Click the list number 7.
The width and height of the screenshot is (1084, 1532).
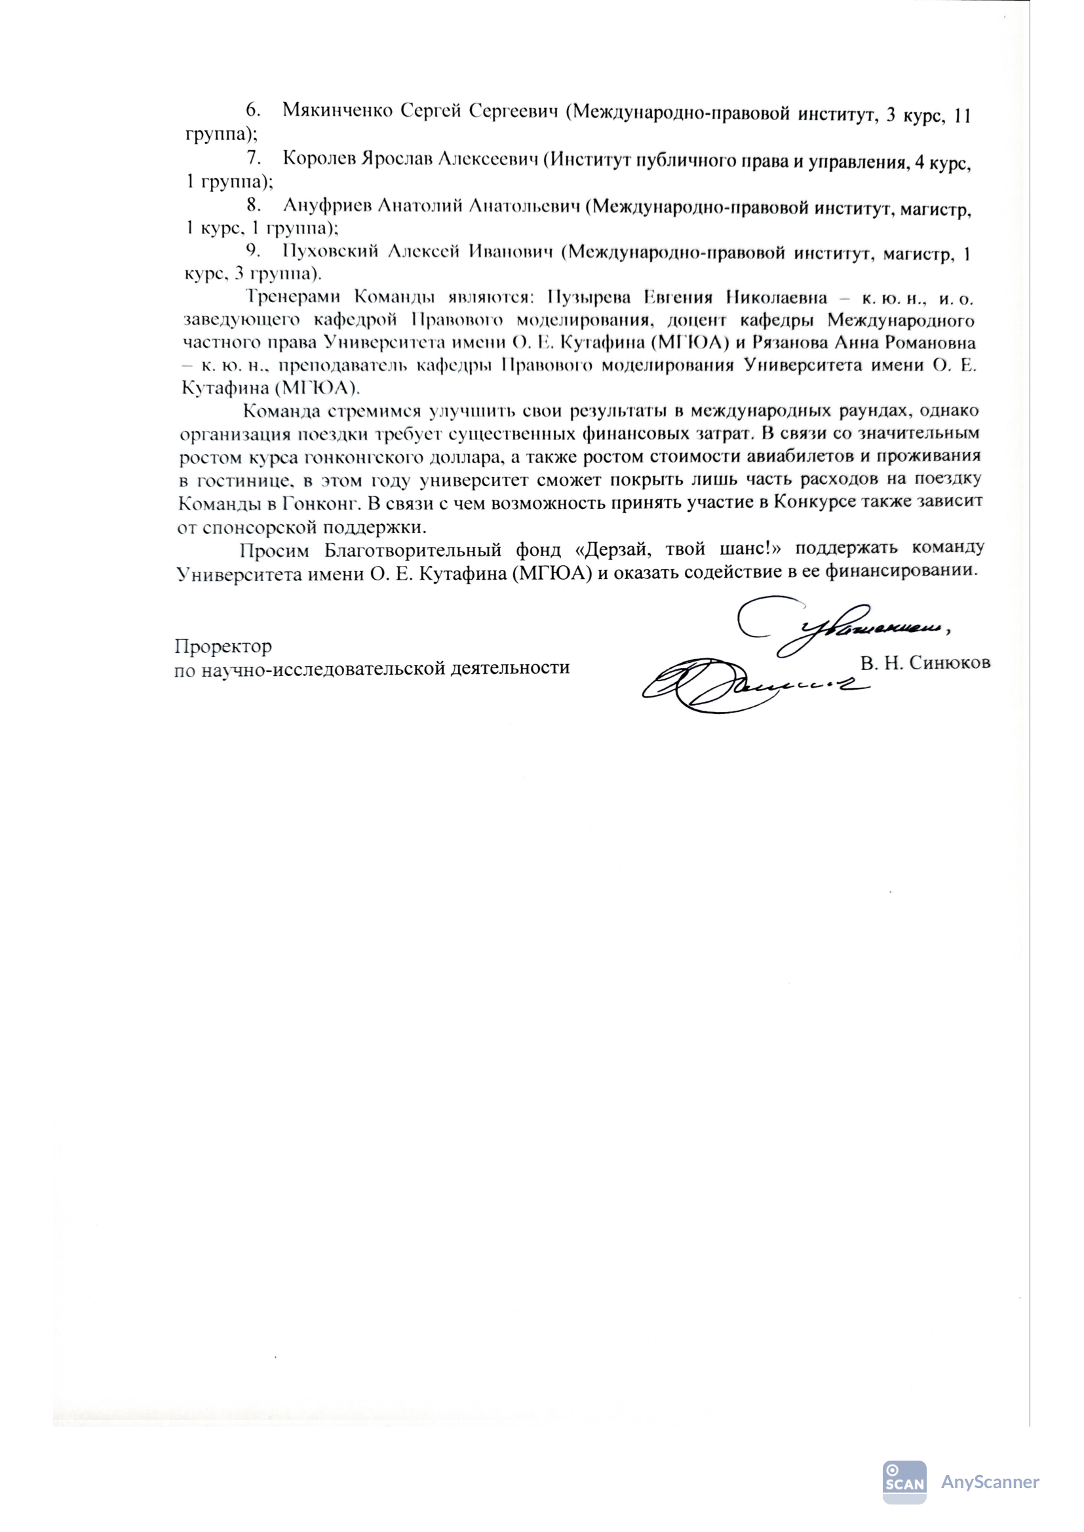(253, 157)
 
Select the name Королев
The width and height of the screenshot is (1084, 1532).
(319, 159)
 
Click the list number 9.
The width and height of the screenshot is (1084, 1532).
(253, 251)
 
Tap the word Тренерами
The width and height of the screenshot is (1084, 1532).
(293, 297)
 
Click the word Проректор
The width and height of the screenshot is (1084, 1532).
(223, 646)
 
